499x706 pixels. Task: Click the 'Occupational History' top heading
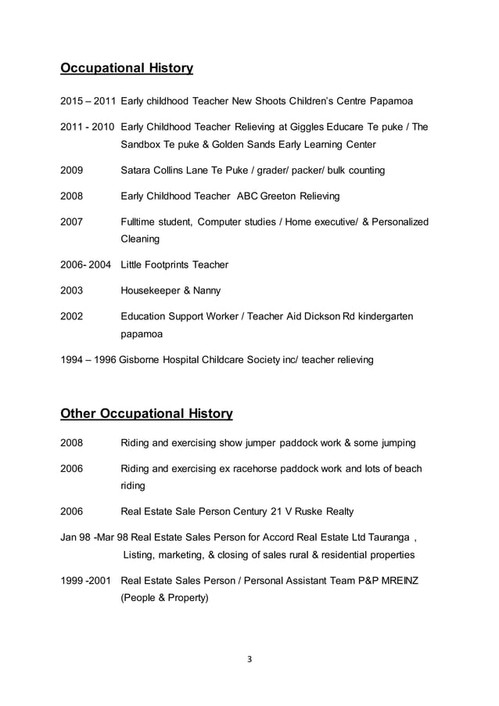click(127, 68)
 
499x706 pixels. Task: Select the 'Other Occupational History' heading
click(146, 412)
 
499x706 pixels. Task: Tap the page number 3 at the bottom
click(249, 658)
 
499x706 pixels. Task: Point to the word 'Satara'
click(137, 170)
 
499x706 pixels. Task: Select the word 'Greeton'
click(271, 196)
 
